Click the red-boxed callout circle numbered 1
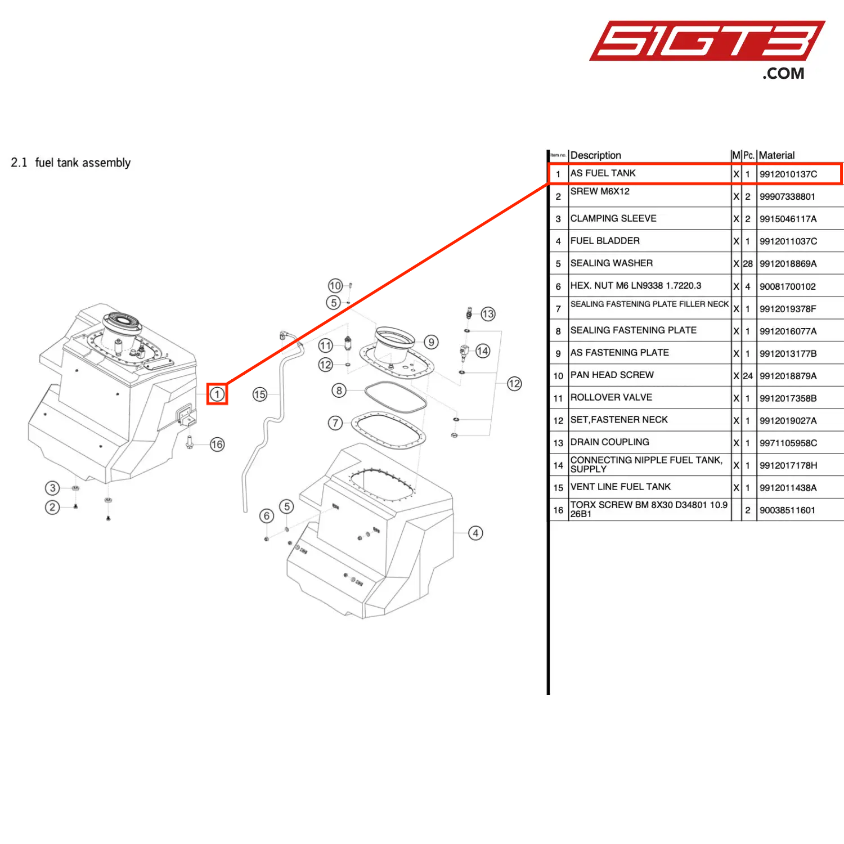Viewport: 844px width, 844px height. [217, 394]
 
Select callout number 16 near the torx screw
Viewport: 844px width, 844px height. [217, 445]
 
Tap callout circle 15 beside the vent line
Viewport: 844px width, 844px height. [260, 394]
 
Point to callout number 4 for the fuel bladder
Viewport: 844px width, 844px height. [476, 533]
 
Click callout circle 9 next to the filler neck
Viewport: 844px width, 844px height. [432, 342]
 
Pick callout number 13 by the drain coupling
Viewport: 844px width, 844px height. [488, 314]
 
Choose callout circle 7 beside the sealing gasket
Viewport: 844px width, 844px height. [335, 423]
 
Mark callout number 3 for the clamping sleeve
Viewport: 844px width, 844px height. [52, 488]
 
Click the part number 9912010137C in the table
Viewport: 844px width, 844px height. [788, 174]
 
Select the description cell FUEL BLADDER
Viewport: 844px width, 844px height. [605, 241]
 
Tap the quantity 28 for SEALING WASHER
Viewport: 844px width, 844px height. [748, 263]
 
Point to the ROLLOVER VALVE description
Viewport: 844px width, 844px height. [611, 397]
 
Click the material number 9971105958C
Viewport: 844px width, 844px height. [788, 443]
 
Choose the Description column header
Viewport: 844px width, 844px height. [596, 155]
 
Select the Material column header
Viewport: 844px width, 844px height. [776, 155]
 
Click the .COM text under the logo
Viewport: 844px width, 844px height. [783, 74]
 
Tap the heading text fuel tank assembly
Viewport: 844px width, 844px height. [83, 163]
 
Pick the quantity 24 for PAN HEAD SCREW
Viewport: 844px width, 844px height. [748, 376]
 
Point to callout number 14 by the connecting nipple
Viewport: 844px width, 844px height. [483, 351]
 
